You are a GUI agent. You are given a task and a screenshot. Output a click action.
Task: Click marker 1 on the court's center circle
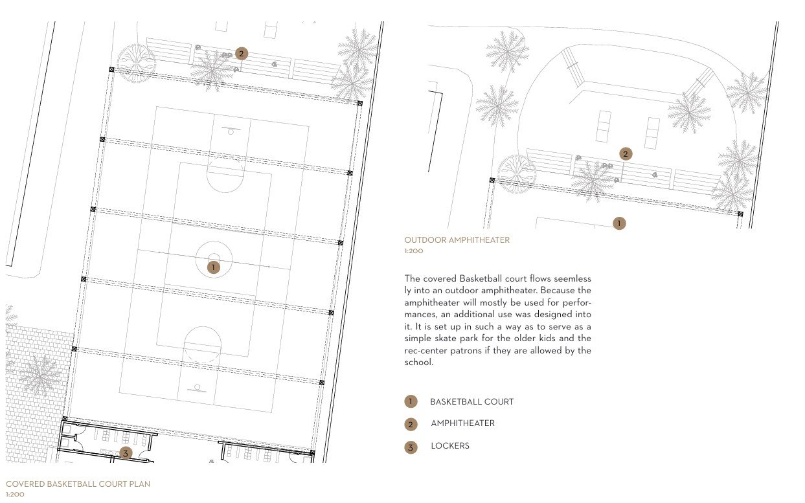click(212, 266)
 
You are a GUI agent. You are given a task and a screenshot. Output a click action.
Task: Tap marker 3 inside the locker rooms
click(126, 453)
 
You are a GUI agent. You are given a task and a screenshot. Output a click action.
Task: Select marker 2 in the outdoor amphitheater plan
click(625, 153)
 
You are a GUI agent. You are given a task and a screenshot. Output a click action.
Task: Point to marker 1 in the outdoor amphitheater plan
click(619, 223)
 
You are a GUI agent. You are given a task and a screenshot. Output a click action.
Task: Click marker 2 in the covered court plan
click(242, 54)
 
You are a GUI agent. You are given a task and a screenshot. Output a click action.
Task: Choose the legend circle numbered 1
click(411, 402)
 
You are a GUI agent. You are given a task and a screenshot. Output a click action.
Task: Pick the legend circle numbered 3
click(411, 447)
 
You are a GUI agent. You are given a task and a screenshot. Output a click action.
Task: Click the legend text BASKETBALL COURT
click(471, 402)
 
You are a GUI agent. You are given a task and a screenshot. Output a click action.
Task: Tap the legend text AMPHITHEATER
click(462, 423)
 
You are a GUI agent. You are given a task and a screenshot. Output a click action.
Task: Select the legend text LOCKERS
click(449, 446)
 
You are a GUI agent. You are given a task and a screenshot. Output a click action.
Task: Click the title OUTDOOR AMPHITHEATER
click(457, 240)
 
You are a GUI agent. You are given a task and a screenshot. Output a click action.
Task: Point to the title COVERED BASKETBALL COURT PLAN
click(78, 484)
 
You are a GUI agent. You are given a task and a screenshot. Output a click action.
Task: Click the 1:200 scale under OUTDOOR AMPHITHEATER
click(413, 251)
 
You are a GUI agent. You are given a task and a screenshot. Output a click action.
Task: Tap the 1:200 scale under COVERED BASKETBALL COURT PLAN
click(14, 494)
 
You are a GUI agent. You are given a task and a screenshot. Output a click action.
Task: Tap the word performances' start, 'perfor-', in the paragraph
click(576, 302)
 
